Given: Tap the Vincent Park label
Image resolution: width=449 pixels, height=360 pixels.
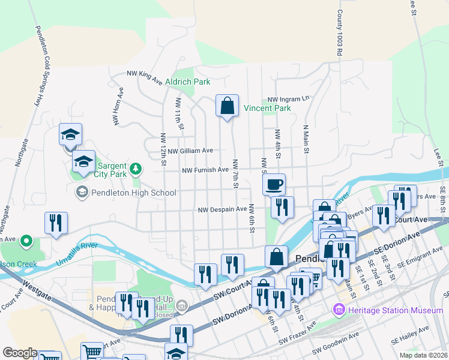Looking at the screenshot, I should pyautogui.click(x=267, y=109).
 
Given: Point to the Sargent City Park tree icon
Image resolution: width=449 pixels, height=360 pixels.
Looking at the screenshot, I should pyautogui.click(x=136, y=169).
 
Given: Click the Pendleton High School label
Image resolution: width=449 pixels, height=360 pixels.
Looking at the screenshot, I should pyautogui.click(x=134, y=193).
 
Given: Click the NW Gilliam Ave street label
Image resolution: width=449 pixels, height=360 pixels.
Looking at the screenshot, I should pyautogui.click(x=190, y=151).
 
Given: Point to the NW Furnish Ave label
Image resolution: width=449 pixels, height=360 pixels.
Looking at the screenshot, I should pyautogui.click(x=206, y=170).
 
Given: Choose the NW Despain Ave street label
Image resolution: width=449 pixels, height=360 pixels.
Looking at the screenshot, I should pyautogui.click(x=223, y=209).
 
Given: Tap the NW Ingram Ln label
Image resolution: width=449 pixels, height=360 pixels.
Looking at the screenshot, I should pyautogui.click(x=288, y=99).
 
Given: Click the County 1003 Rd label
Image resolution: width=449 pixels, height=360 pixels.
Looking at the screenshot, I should pyautogui.click(x=339, y=33).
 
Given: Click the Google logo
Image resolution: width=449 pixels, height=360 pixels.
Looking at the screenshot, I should pyautogui.click(x=20, y=353).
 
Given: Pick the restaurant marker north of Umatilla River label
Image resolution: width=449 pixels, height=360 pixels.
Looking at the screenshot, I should pyautogui.click(x=56, y=223).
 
